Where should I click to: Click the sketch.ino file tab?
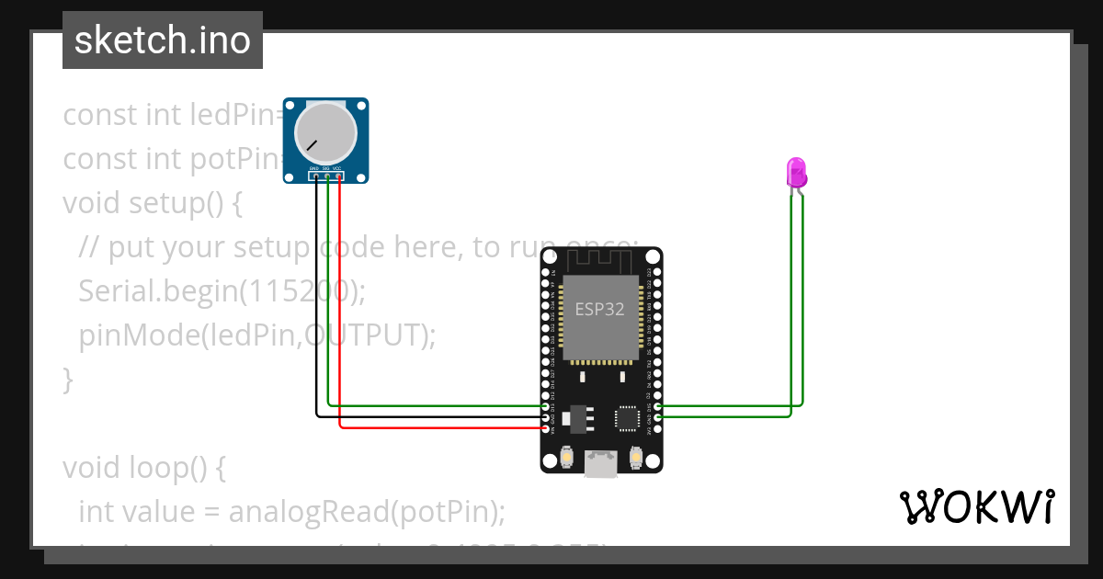[163, 40]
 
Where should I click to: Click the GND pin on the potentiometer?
[316, 176]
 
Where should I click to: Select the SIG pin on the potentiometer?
[328, 176]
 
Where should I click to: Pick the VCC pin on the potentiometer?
[339, 176]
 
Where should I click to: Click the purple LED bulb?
[796, 172]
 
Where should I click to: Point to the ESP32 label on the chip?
[599, 310]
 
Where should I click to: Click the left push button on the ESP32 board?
[566, 457]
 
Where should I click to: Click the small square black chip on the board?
[628, 418]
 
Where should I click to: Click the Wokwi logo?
[976, 506]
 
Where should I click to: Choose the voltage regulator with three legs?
[577, 417]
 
